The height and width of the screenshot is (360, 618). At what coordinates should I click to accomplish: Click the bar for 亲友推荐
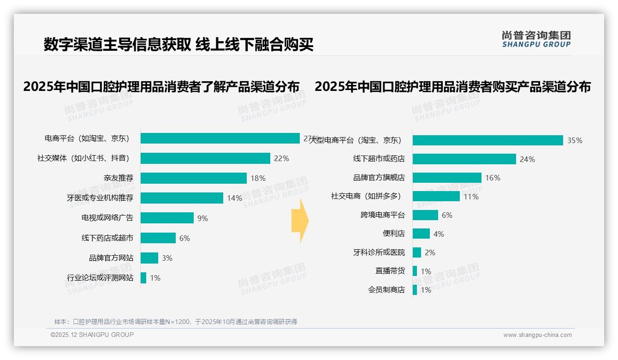click(194, 178)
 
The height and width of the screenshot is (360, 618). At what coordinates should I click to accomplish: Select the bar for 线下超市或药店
click(464, 159)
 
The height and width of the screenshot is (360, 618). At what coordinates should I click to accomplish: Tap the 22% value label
click(281, 159)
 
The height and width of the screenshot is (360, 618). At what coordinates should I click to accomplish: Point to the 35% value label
click(575, 141)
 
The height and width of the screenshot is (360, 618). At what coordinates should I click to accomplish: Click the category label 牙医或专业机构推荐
click(100, 198)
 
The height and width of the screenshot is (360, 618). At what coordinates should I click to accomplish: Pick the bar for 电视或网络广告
click(167, 218)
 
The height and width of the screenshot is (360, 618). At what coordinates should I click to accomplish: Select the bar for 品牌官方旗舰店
click(447, 178)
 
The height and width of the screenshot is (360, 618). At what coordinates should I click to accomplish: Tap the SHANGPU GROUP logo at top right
click(536, 39)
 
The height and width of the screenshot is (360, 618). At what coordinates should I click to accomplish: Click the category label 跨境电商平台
click(382, 215)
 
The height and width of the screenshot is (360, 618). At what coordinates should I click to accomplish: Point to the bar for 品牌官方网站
click(149, 258)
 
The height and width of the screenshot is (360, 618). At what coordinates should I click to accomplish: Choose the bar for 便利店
click(421, 234)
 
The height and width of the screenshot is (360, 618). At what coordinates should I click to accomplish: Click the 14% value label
click(234, 198)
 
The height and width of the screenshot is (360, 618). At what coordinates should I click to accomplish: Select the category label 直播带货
click(390, 271)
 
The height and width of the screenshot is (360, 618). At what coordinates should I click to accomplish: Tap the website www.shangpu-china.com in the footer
click(537, 335)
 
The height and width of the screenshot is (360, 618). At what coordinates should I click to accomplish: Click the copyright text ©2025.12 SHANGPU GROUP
click(92, 335)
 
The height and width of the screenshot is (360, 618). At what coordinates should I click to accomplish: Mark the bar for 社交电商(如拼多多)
click(436, 196)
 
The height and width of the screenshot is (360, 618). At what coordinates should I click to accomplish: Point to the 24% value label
click(527, 160)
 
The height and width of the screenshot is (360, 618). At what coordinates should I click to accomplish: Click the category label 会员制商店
click(386, 290)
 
